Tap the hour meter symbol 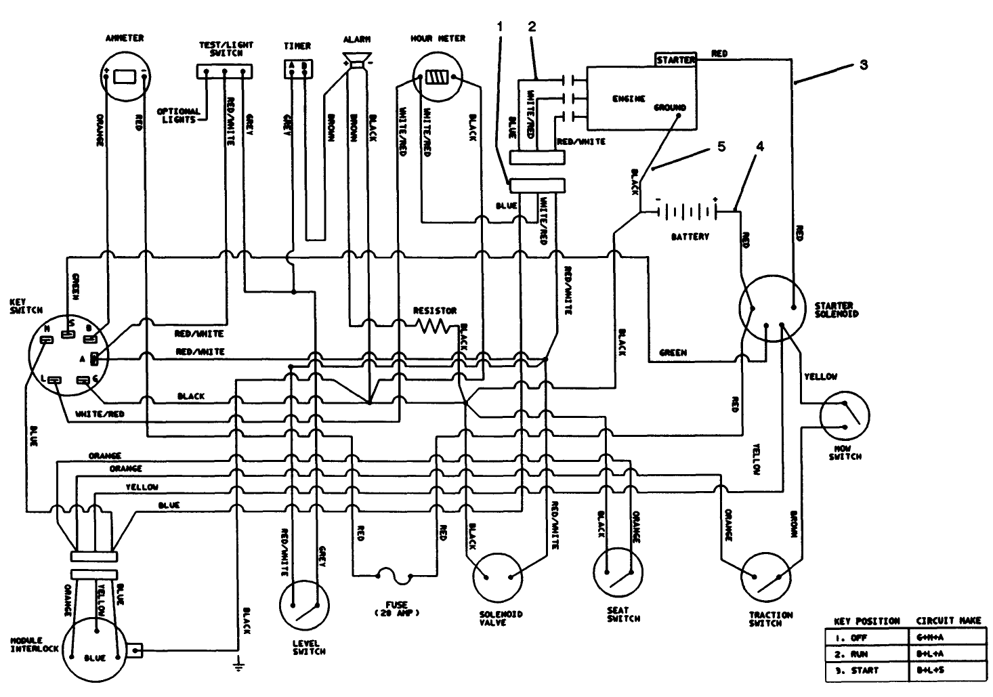point(438,79)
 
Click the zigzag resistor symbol point(431,326)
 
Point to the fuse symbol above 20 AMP point(393,576)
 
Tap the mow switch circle point(844,417)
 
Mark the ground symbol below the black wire point(238,664)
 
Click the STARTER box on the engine point(675,60)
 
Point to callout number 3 point(863,65)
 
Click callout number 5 point(721,146)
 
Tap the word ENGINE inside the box point(629,99)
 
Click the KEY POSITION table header point(866,620)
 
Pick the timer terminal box point(298,69)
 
